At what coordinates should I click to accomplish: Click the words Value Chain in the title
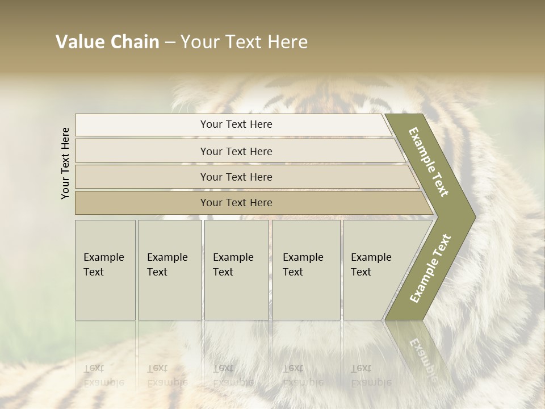coord(107,42)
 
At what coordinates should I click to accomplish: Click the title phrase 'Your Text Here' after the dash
coord(244,42)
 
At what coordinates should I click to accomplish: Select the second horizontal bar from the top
coord(236,151)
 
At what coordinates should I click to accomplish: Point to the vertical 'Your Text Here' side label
coord(65,163)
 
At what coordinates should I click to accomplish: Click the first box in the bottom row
coord(105,269)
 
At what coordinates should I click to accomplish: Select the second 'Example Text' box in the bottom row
coord(169,269)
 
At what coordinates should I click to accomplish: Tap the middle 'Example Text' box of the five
coord(236,269)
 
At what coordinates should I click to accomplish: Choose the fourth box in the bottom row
coord(306,269)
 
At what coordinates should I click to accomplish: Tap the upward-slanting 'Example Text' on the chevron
coord(430,268)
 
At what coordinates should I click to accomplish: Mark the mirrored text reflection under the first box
coord(103,375)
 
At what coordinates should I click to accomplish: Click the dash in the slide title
coord(170,43)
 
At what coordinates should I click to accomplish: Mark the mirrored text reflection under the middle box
coord(233,375)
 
